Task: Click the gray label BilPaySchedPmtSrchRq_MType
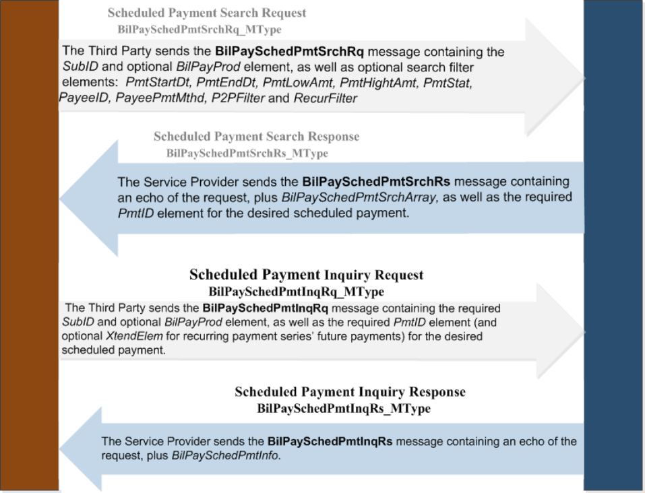(x=199, y=29)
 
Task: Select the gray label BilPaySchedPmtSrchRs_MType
(x=247, y=153)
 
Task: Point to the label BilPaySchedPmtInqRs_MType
(x=344, y=408)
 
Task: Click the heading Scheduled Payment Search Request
(x=207, y=13)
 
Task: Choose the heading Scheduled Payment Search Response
(x=256, y=137)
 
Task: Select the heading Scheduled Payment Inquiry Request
(x=306, y=275)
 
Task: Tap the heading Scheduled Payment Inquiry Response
(x=350, y=392)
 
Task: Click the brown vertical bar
(x=29, y=246)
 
